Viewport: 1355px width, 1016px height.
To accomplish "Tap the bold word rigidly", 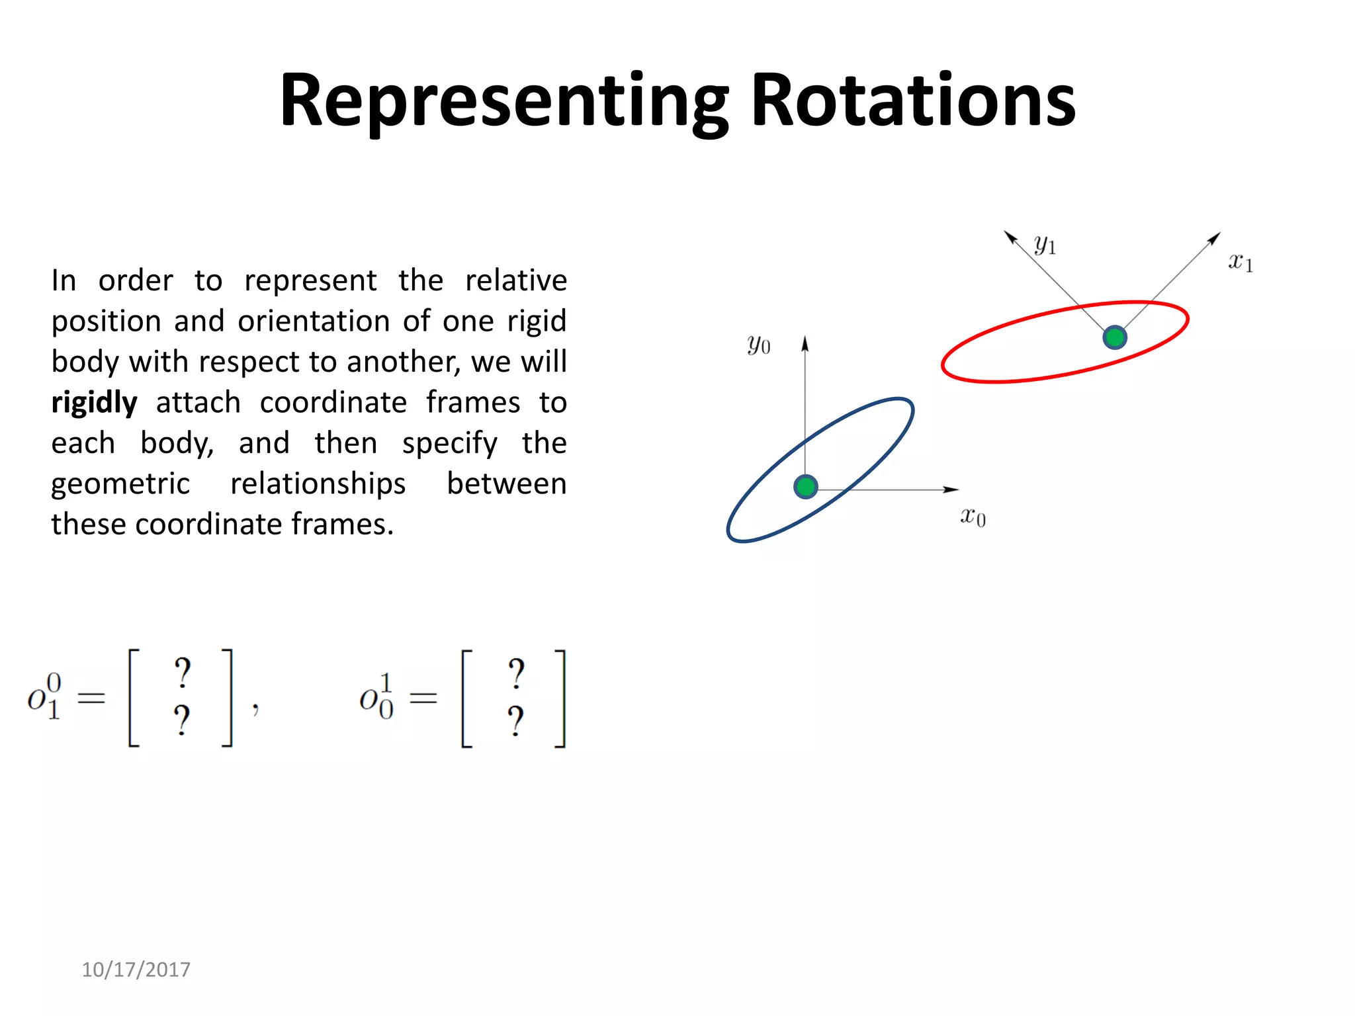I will click(95, 403).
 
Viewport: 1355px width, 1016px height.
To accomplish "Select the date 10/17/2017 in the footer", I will click(136, 970).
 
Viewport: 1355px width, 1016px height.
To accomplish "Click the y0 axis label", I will click(758, 345).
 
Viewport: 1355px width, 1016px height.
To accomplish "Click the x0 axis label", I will click(973, 516).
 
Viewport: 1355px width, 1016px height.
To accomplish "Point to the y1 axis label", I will click(1045, 245).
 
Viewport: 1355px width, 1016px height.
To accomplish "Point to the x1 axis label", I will click(1241, 262).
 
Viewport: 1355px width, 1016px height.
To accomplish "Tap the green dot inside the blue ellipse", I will click(805, 487).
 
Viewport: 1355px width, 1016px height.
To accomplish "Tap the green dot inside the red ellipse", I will click(1115, 337).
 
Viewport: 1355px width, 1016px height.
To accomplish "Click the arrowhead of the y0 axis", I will click(805, 343).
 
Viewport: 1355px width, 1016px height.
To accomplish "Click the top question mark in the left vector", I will click(182, 673).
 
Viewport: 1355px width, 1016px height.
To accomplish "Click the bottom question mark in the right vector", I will click(515, 721).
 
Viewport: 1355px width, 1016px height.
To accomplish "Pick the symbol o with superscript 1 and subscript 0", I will click(376, 697).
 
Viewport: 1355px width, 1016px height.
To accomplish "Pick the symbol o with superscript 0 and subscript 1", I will click(44, 697).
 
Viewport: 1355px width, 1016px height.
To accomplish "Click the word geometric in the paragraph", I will click(120, 484).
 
